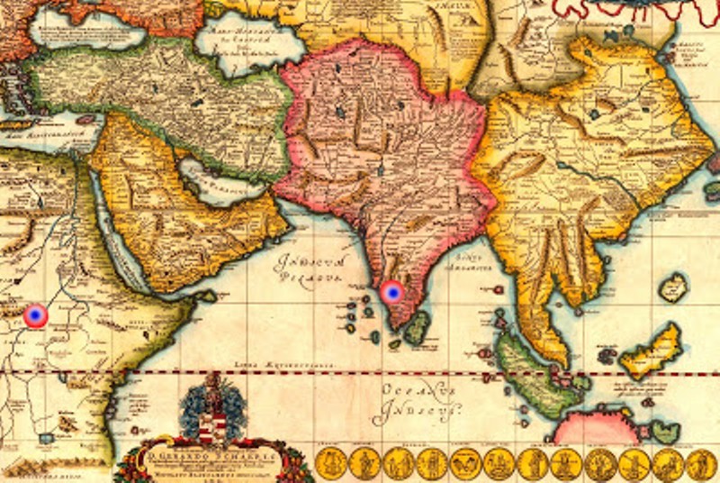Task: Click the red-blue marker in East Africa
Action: [x=35, y=315]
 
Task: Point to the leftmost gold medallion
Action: [x=330, y=464]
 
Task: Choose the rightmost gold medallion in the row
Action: [x=702, y=464]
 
